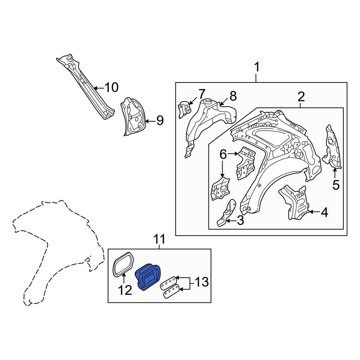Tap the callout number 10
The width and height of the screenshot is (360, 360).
pyautogui.click(x=111, y=87)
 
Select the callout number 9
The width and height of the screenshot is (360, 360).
pyautogui.click(x=160, y=120)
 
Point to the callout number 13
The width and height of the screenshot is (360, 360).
pyautogui.click(x=202, y=282)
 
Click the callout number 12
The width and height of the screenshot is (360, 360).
pyautogui.click(x=125, y=290)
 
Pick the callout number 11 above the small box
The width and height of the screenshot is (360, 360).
pyautogui.click(x=159, y=239)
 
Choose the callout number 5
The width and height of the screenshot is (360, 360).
pyautogui.click(x=336, y=185)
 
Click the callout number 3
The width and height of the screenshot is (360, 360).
pyautogui.click(x=240, y=221)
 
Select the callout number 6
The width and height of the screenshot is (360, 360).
pyautogui.click(x=223, y=154)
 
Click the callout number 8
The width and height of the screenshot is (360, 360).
pyautogui.click(x=233, y=96)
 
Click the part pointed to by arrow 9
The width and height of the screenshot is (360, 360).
pyautogui.click(x=133, y=117)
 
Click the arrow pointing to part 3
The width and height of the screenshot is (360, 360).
pyautogui.click(x=231, y=221)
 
